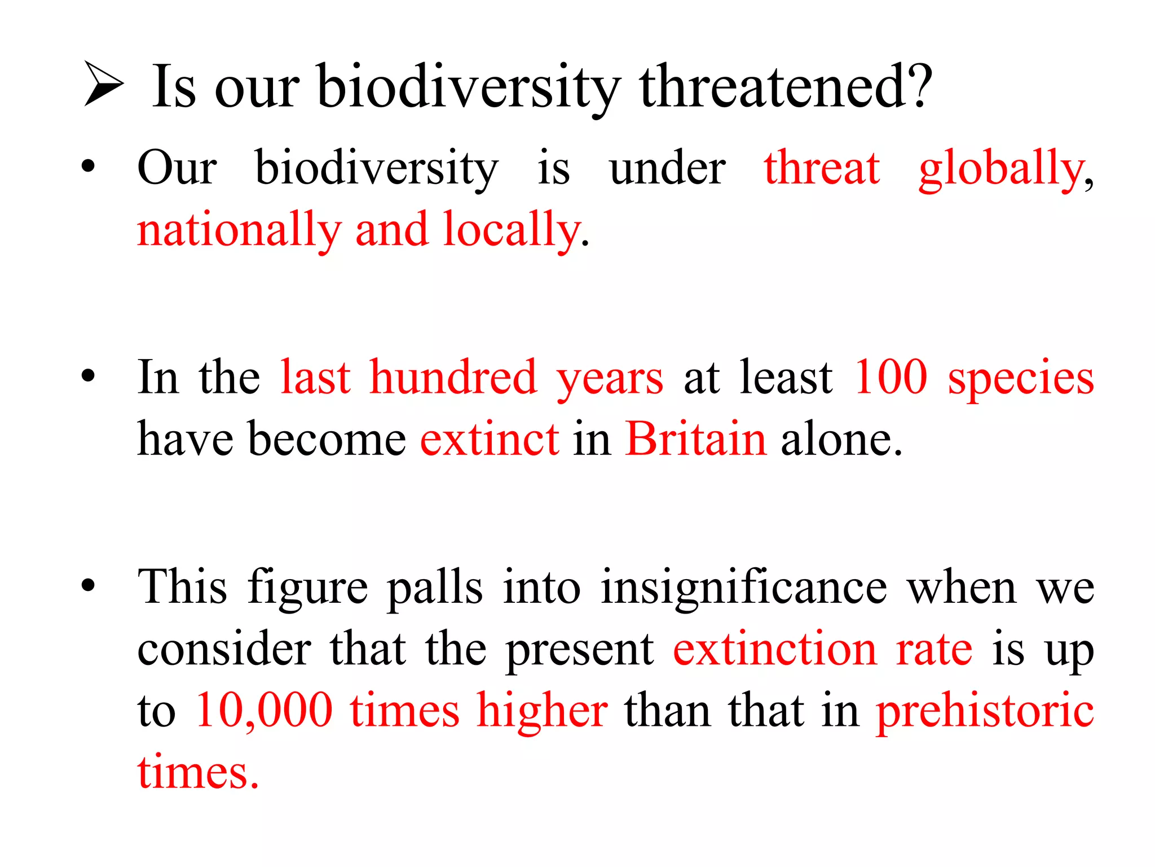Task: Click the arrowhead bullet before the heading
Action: click(103, 85)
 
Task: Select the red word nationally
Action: click(239, 230)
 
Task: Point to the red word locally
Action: click(512, 230)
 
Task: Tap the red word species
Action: click(1021, 378)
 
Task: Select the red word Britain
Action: click(696, 439)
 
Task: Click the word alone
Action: click(841, 439)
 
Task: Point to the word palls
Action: click(435, 587)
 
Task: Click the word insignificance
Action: click(744, 587)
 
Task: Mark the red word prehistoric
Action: click(985, 711)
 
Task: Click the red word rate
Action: click(934, 649)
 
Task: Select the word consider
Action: click(224, 649)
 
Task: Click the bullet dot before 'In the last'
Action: click(88, 375)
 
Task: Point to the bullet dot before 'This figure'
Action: click(88, 585)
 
